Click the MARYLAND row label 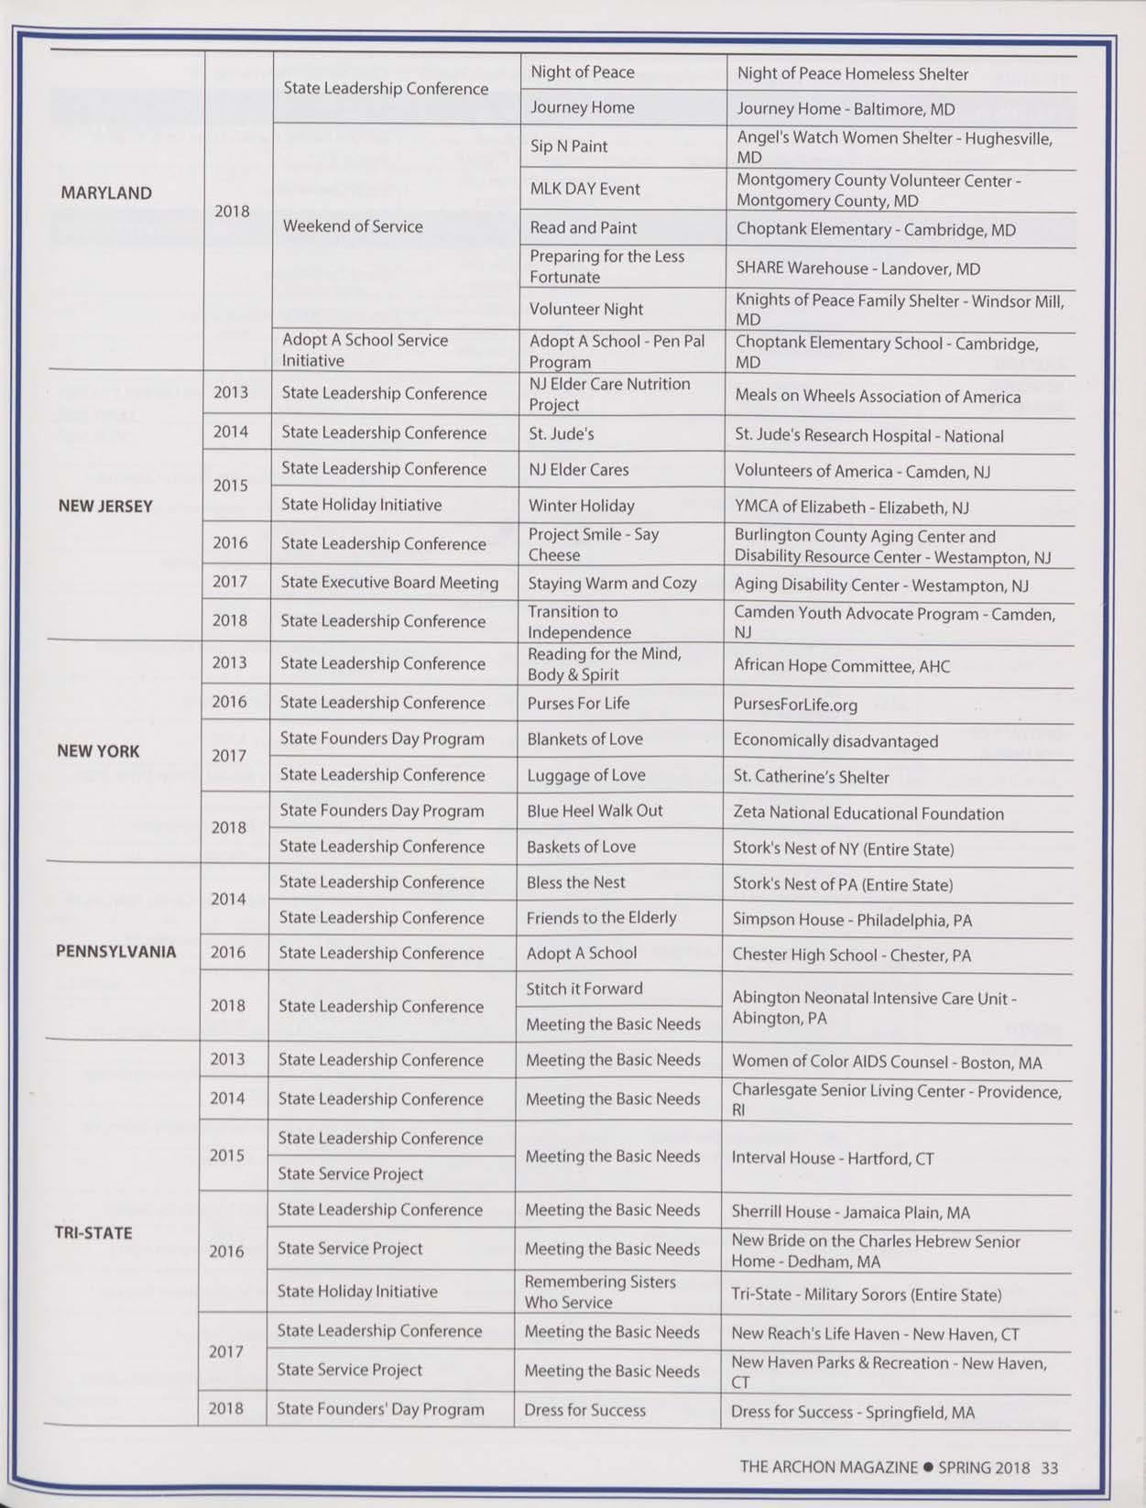click(106, 193)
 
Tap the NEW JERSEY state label click(105, 506)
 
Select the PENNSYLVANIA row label click(115, 951)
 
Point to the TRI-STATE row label click(93, 1232)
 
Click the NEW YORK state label click(98, 751)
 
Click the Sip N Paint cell click(569, 147)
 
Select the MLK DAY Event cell click(584, 189)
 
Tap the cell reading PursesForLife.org click(795, 705)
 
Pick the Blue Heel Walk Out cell click(595, 811)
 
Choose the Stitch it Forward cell click(584, 989)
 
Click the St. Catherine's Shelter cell click(811, 777)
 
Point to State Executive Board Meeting click(389, 583)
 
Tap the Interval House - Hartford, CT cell click(832, 1158)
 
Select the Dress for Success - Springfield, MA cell click(852, 1412)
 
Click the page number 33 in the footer click(1049, 1468)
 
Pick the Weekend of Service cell click(353, 226)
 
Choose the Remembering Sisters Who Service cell click(600, 1292)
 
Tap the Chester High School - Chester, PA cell click(851, 956)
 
